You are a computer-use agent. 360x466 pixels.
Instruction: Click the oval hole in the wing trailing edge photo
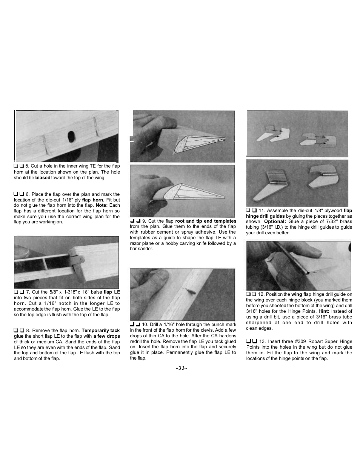click(x=71, y=137)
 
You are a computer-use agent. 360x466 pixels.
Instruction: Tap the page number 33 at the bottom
click(x=182, y=368)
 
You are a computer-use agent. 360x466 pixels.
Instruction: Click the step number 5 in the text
click(x=27, y=166)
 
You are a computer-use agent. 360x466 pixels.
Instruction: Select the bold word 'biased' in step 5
click(x=43, y=178)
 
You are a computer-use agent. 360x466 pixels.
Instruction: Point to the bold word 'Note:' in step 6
click(x=102, y=205)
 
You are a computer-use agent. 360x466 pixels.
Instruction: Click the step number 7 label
click(x=28, y=292)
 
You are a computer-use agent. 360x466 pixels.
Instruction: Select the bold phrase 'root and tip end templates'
click(x=206, y=221)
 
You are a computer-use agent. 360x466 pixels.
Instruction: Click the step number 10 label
click(x=145, y=325)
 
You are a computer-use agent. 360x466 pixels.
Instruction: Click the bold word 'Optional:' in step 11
click(x=275, y=221)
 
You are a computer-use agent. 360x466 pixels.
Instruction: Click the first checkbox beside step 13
click(x=248, y=341)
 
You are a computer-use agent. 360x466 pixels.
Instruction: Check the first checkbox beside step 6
click(x=16, y=194)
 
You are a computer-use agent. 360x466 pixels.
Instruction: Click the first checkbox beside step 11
click(x=248, y=210)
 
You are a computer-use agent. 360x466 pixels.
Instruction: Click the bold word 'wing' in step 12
click(x=297, y=294)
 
